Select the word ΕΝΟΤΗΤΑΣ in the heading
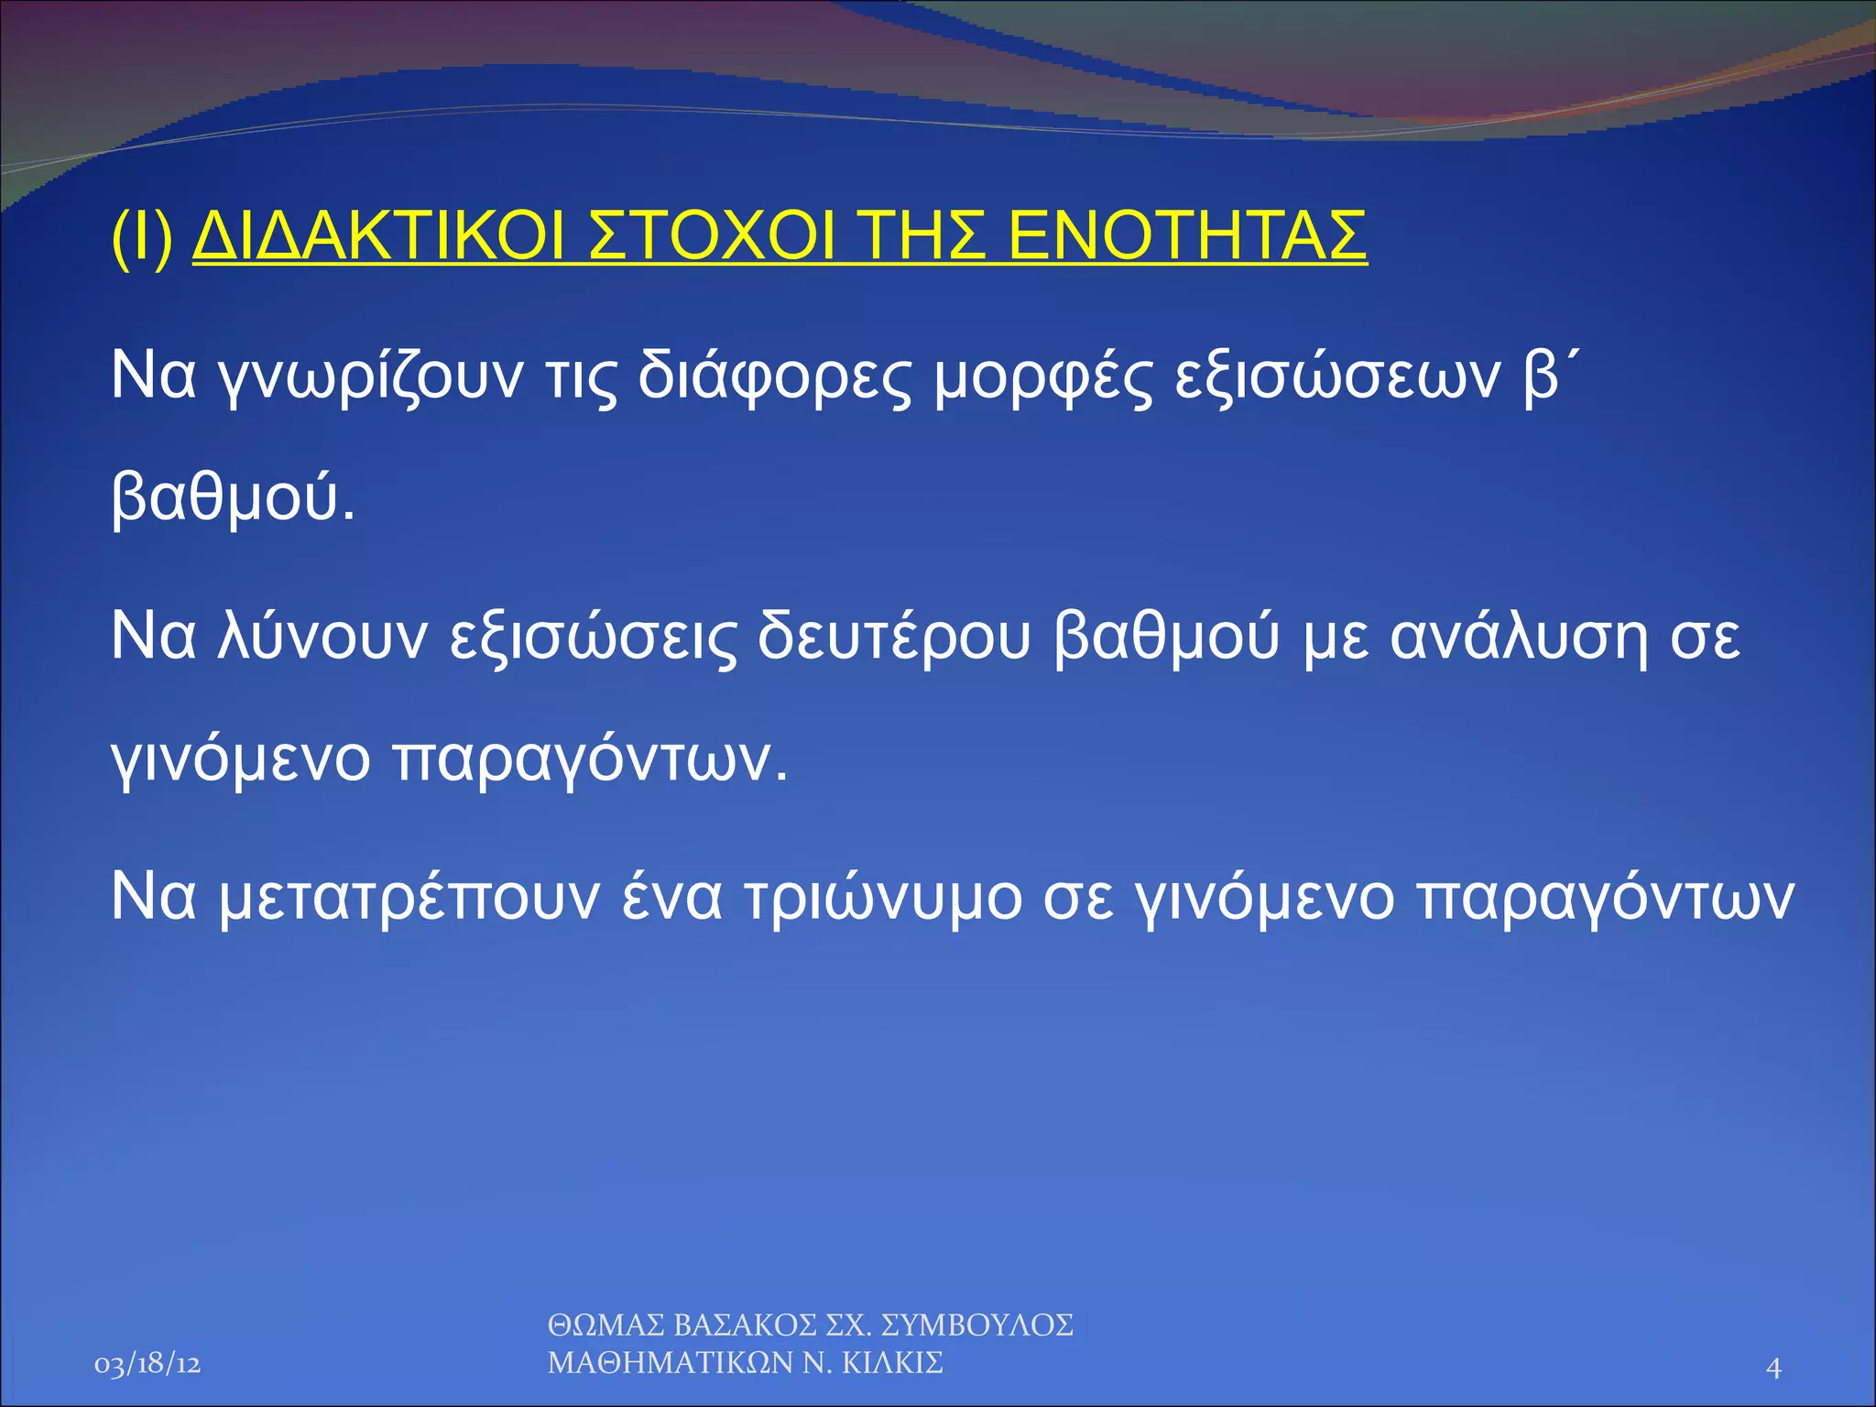1186,237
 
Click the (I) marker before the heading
141,237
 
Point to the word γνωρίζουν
372,377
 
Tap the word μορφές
1043,377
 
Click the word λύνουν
323,638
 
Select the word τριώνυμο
882,898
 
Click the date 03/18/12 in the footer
147,1365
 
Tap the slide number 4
1773,1368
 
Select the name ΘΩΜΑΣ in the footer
605,1325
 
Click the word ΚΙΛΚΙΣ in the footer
892,1363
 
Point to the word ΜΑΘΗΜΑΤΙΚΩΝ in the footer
670,1363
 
